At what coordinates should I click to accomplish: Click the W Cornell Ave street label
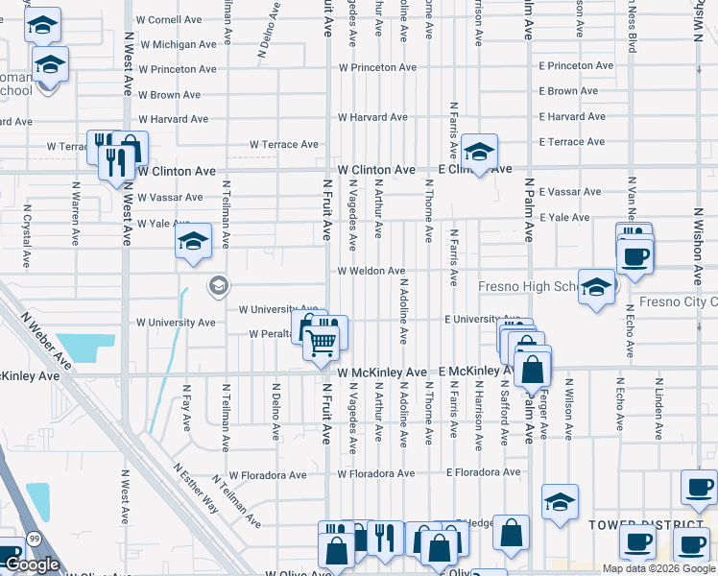[170, 19]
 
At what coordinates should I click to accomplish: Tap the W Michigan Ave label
[179, 44]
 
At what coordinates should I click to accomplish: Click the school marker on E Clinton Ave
[479, 152]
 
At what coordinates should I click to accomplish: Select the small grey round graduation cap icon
[219, 285]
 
